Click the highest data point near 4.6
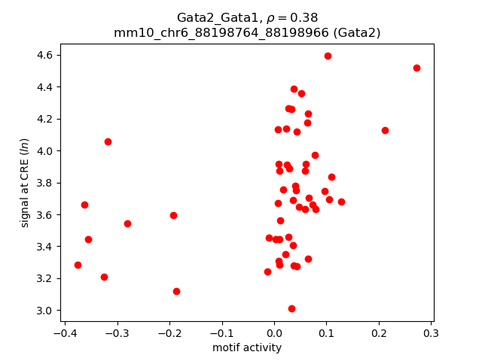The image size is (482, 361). [328, 56]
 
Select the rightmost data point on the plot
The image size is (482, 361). [416, 68]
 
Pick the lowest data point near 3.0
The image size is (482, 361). [291, 308]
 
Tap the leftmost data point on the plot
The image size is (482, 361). [78, 265]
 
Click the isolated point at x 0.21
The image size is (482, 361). [385, 130]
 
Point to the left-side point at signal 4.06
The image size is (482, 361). [108, 141]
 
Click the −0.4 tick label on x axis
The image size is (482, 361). [65, 332]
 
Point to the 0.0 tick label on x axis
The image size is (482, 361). [274, 332]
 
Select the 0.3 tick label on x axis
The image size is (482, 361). [431, 332]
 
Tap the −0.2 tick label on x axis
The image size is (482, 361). [169, 332]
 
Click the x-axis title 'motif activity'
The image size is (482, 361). [247, 347]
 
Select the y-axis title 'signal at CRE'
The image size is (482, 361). [25, 183]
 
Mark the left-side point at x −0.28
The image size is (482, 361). [127, 223]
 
